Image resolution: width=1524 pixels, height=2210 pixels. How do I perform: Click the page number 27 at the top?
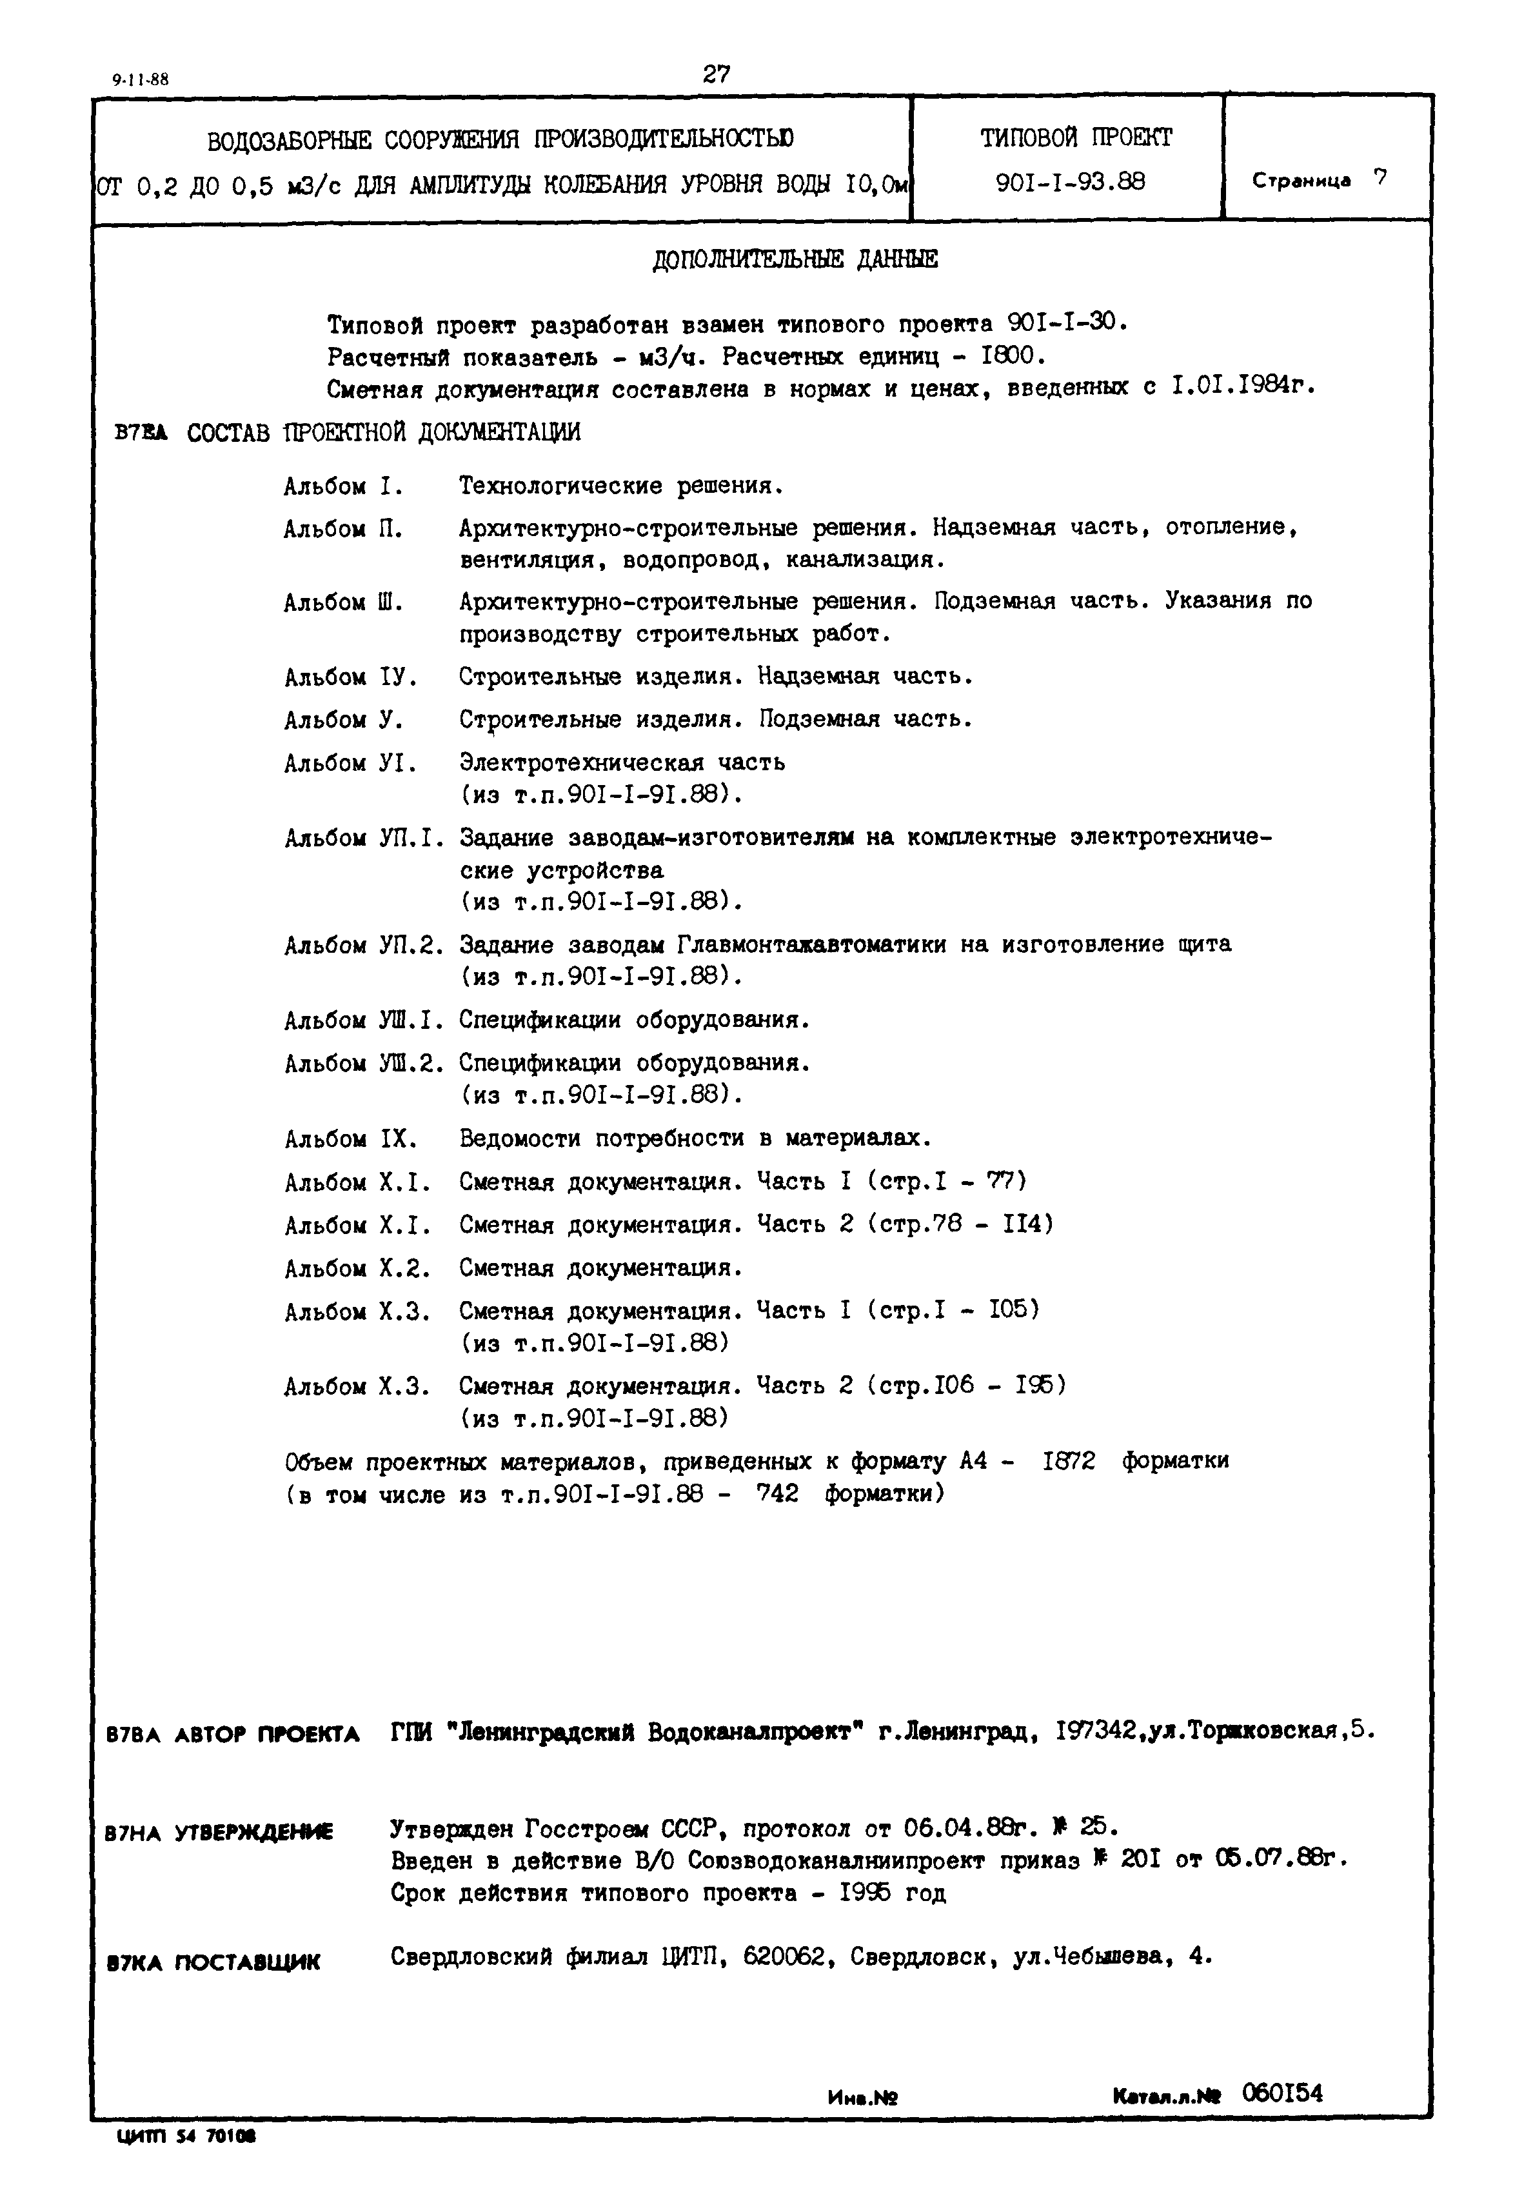click(x=716, y=74)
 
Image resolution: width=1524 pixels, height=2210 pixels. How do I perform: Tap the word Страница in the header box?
click(x=1301, y=181)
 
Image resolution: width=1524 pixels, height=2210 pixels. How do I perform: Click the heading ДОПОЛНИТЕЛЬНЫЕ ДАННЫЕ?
click(x=795, y=260)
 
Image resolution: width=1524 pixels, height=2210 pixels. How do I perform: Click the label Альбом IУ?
click(x=350, y=678)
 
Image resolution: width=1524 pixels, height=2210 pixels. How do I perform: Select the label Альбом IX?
click(x=350, y=1139)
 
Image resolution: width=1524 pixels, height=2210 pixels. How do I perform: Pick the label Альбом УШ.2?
click(x=364, y=1064)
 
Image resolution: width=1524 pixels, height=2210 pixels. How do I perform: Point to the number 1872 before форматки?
click(x=1069, y=1461)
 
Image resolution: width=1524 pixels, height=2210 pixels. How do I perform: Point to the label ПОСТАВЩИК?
click(x=247, y=1963)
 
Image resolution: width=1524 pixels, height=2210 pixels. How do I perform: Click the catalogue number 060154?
click(x=1282, y=2093)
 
